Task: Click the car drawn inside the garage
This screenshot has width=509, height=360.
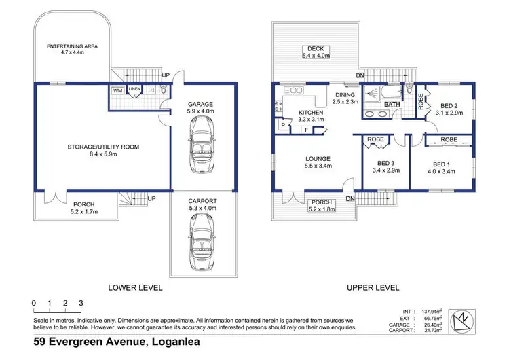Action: coord(202,145)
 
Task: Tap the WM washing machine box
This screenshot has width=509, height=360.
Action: coord(117,90)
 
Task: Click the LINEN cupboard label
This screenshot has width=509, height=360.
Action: coord(134,89)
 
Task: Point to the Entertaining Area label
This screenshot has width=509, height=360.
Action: coord(72,46)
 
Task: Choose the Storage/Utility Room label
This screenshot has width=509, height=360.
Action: coord(103,147)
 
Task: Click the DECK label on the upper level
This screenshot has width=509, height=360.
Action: coord(316,48)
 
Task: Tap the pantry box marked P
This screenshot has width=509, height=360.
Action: coord(283,125)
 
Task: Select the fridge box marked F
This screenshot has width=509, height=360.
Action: coord(307,130)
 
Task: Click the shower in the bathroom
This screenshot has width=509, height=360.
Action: coord(372,94)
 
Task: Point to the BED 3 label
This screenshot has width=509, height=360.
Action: coord(385,163)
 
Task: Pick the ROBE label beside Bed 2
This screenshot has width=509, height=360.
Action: coord(421,101)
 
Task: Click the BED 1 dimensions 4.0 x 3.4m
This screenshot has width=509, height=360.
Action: coord(441,172)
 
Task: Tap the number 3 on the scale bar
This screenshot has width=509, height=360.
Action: coord(81,303)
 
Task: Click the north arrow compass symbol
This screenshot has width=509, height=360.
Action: coord(462,322)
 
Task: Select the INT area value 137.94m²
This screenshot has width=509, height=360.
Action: coord(432,312)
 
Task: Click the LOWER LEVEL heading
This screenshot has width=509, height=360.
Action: coord(135,287)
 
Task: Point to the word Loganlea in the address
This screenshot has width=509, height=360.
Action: coord(176,342)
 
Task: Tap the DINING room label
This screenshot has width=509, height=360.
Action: coord(345,95)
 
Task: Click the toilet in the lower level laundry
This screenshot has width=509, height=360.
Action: coord(164,90)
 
